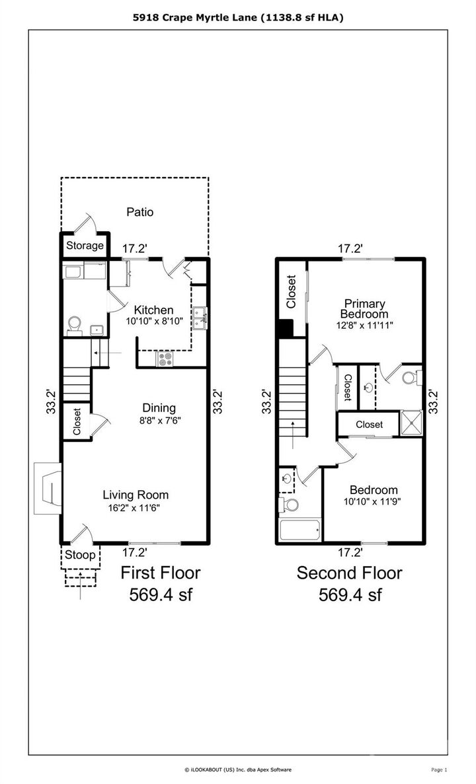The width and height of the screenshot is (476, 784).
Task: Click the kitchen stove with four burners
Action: click(x=165, y=360)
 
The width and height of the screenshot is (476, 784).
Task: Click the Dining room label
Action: click(x=159, y=408)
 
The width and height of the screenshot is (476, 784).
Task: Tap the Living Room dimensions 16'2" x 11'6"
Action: click(x=135, y=508)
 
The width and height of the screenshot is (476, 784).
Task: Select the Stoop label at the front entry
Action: click(x=80, y=555)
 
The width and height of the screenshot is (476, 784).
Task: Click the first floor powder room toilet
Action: click(x=75, y=323)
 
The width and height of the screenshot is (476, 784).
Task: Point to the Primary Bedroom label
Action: click(x=363, y=308)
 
